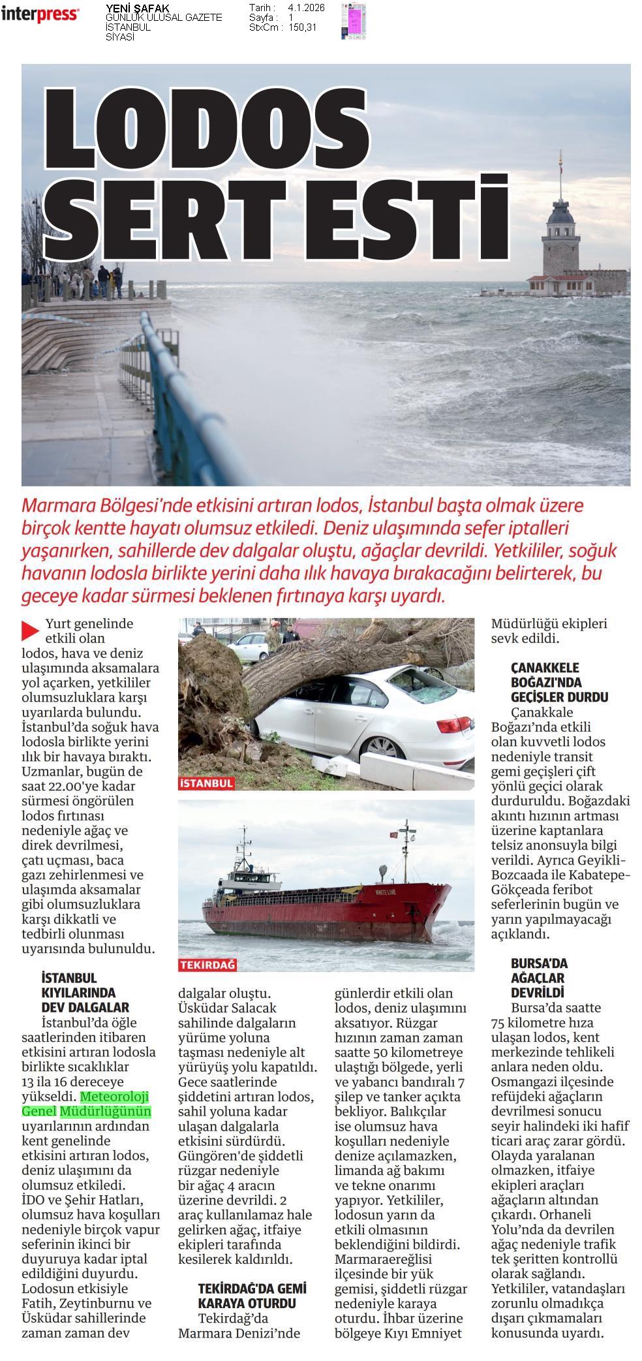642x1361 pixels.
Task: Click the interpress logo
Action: [40, 14]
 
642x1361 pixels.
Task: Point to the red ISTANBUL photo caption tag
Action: [206, 783]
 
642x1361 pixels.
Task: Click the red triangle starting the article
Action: [30, 630]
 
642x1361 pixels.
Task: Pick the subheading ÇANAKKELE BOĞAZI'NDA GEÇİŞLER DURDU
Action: [559, 682]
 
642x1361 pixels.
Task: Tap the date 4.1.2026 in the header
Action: [306, 8]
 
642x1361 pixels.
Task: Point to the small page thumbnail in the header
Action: [354, 21]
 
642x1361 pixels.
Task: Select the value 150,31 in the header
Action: [303, 27]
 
